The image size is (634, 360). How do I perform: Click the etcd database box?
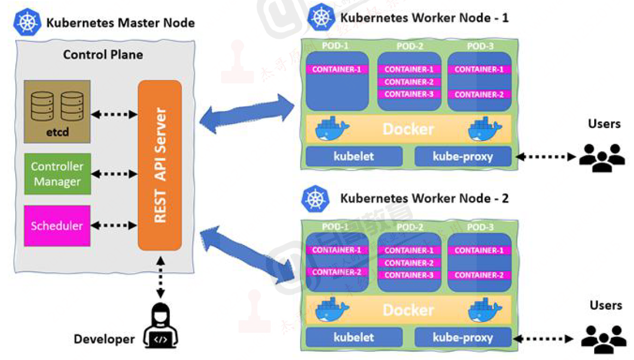[x=57, y=112]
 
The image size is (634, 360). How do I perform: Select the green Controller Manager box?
[x=57, y=174]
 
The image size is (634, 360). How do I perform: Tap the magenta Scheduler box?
[x=57, y=225]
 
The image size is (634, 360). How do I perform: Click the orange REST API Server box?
[x=160, y=165]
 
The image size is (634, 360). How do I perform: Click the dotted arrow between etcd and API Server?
[x=114, y=114]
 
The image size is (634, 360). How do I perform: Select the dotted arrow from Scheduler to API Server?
[x=114, y=224]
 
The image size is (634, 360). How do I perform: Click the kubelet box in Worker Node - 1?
[x=353, y=156]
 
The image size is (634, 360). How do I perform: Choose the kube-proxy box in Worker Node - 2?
[x=462, y=337]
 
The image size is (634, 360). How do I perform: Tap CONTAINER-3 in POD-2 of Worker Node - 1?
[x=409, y=94]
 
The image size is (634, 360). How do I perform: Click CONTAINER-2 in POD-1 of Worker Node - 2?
[x=337, y=272]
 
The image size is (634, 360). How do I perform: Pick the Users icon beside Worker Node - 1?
[x=601, y=157]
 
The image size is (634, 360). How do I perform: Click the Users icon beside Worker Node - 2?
[x=603, y=338]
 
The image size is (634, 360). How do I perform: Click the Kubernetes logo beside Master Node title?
[x=28, y=22]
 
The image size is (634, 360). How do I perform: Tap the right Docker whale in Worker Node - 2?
[x=485, y=310]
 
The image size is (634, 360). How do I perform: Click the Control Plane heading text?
[x=103, y=54]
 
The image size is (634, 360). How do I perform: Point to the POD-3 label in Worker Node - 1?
[x=480, y=46]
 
